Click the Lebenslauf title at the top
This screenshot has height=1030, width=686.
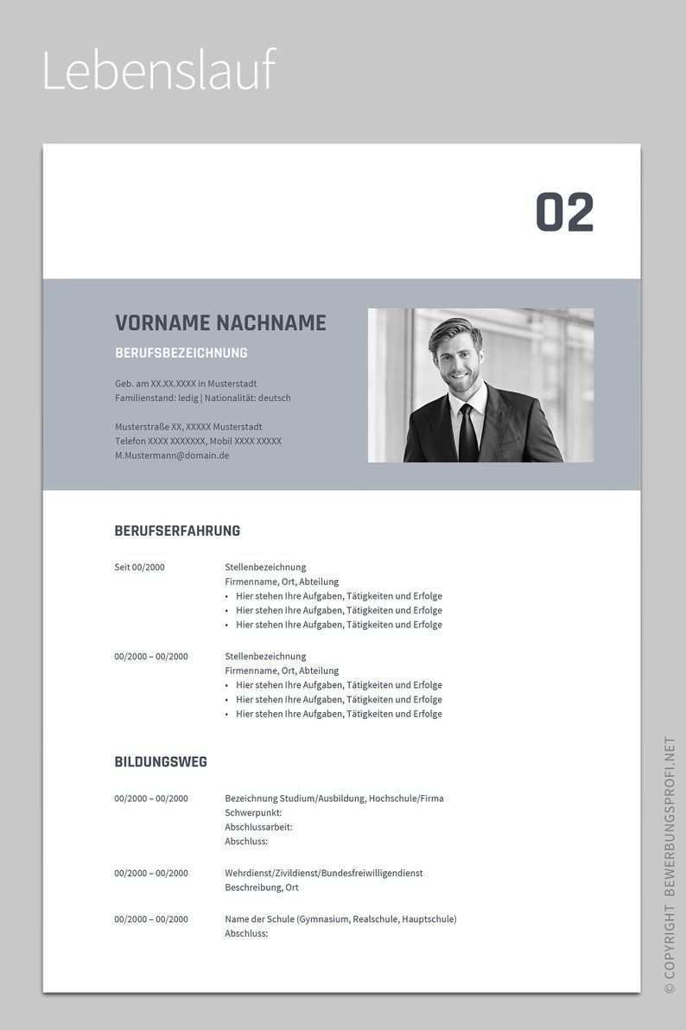(158, 71)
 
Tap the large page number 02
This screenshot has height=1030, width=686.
(565, 213)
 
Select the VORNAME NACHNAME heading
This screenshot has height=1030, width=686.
(220, 323)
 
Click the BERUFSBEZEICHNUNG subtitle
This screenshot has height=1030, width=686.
(181, 353)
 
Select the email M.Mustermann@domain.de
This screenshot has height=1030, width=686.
(172, 455)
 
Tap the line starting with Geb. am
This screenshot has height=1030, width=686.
(186, 384)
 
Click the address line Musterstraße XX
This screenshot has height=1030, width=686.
(188, 427)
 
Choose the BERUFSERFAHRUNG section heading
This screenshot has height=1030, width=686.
(177, 531)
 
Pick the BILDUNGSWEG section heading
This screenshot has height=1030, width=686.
(161, 762)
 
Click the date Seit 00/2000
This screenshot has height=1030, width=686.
(139, 568)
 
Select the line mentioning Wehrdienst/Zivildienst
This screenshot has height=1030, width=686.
(324, 874)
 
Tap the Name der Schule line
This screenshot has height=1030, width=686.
(340, 919)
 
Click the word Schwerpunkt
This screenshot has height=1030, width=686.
(253, 813)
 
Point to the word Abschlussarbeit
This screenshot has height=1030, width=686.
(258, 827)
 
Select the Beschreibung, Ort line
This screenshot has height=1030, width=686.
(262, 887)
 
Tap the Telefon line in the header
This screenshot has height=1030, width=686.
(198, 442)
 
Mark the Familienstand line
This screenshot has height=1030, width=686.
(203, 398)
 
